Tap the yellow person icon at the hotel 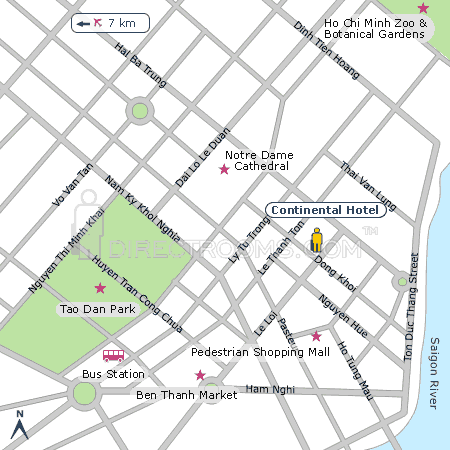[317, 240]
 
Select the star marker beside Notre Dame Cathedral [224, 169]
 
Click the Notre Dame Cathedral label [257, 160]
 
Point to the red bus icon [113, 355]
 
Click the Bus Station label [113, 374]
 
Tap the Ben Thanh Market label [186, 395]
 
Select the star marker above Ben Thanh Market [200, 375]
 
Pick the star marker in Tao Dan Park [100, 288]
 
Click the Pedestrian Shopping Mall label [260, 352]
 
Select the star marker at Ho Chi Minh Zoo [423, 8]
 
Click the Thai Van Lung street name [369, 186]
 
